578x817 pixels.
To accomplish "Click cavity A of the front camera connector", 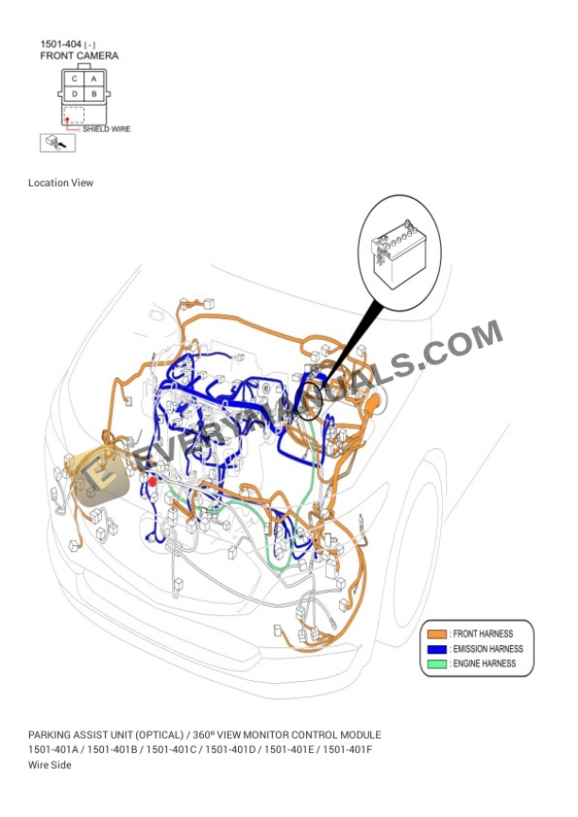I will coord(94,79).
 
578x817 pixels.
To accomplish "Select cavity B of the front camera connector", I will coord(94,94).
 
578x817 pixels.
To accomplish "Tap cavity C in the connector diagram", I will coord(75,79).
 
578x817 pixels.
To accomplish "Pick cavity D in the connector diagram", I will coord(75,94).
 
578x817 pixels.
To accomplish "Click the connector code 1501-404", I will coord(59,44).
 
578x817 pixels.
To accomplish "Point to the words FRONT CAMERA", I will coord(79,57).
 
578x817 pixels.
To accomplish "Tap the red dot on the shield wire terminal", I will coord(67,119).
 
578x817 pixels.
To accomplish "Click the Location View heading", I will coord(61,183).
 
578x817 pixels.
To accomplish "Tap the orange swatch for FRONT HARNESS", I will coord(436,634).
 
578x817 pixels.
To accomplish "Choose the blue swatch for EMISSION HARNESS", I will coord(436,649).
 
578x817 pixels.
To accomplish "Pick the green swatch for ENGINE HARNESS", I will coord(436,664).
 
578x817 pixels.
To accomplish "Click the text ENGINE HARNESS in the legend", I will coord(484,664).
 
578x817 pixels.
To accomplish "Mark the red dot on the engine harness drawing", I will coord(152,481).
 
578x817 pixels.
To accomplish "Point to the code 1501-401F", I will coord(348,749).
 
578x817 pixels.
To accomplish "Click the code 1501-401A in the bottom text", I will coord(54,749).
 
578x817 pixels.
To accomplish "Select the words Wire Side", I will coord(50,764).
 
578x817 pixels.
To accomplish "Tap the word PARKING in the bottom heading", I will coord(50,734).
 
